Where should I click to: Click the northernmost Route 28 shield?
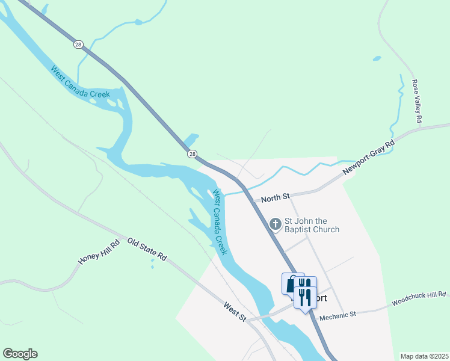pos(78,44)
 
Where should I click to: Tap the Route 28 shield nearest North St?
pos(192,154)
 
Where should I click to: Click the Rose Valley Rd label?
pos(416,101)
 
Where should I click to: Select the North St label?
pos(276,197)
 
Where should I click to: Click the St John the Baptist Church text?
pos(312,225)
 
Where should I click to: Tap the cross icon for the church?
pos(276,224)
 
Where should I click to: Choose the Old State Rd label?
pos(147,251)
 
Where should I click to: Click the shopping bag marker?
pos(291,283)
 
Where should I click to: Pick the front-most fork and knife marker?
pos(304,297)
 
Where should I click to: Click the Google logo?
pos(20,354)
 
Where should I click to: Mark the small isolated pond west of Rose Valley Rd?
pos(377,59)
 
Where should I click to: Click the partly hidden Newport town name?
pos(319,298)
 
